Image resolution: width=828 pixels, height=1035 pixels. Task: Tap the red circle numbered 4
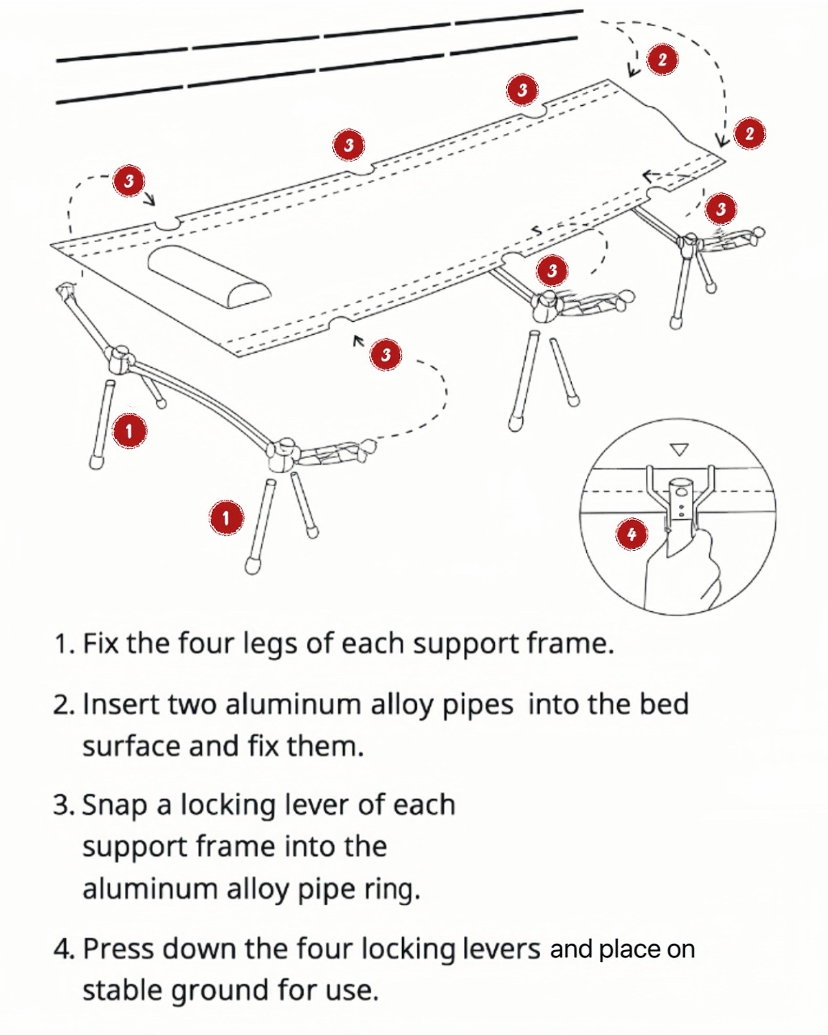(632, 534)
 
